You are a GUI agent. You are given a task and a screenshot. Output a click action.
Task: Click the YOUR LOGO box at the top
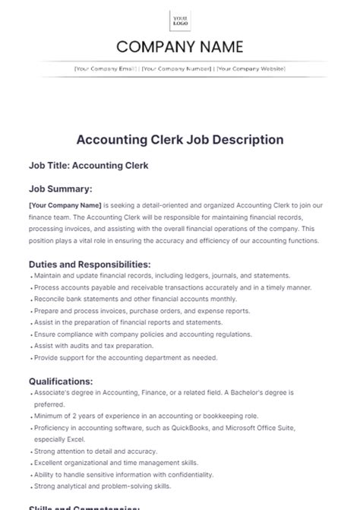coord(180,21)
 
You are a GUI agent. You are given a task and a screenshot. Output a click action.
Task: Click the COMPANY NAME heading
coord(180,48)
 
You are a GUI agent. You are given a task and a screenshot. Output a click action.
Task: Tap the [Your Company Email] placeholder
coord(105,68)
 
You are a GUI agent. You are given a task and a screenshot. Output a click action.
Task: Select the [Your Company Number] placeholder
coord(176,68)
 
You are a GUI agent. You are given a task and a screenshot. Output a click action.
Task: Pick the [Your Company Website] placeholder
coord(251,68)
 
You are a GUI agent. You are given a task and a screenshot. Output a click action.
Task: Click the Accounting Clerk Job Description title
coord(180,139)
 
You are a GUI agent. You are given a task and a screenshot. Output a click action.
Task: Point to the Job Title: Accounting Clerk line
coord(88,164)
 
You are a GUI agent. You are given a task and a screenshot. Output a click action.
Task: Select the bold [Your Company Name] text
coord(64,204)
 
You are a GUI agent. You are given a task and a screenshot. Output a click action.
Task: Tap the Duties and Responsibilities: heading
coord(90,263)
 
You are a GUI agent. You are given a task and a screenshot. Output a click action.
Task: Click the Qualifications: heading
coord(61,381)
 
